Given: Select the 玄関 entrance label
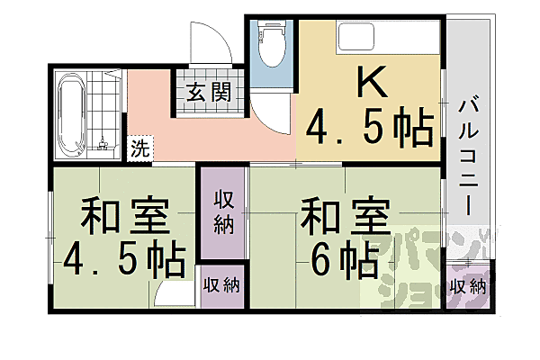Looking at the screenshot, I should (209, 91).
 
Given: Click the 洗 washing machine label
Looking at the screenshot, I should (139, 147).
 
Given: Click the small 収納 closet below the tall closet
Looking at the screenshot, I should (221, 285).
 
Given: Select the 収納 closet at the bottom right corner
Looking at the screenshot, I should (468, 287).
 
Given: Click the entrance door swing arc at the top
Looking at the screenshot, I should (212, 40).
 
